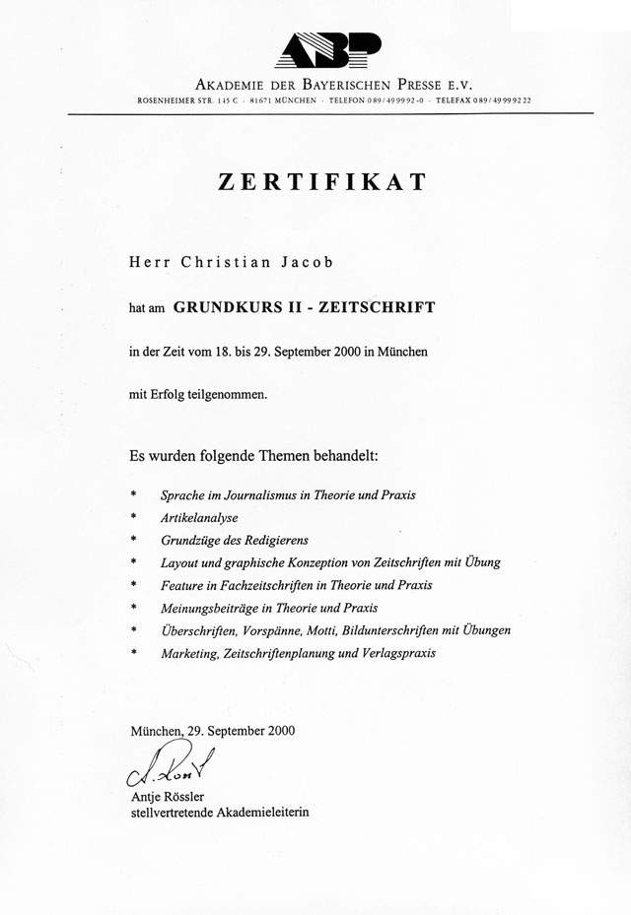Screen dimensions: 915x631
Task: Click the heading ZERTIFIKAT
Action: (321, 181)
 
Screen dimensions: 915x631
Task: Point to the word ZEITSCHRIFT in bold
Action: (382, 306)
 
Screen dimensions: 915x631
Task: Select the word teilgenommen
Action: (228, 394)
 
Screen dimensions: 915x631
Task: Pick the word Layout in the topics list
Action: (178, 562)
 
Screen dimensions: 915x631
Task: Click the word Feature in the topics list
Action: (181, 585)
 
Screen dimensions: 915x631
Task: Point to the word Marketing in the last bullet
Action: (188, 652)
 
